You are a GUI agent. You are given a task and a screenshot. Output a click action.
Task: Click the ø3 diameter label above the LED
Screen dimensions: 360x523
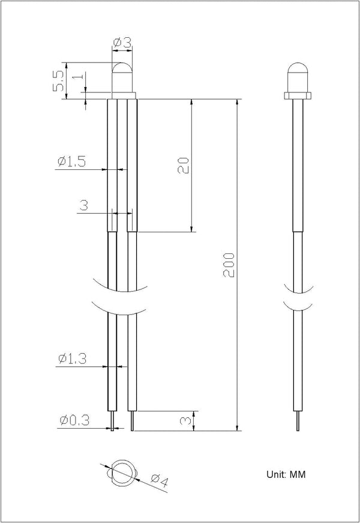pos(122,43)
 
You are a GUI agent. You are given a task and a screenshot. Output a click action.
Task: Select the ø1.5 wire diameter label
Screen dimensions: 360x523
pos(71,162)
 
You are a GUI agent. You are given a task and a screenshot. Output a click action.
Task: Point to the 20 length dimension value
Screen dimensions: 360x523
pos(184,165)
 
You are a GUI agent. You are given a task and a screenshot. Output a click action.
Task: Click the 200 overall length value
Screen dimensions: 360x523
pos(229,265)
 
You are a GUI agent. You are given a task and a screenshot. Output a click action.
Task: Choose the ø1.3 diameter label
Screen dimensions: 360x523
pos(73,359)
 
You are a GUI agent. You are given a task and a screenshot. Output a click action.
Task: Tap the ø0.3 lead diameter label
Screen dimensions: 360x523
pos(75,420)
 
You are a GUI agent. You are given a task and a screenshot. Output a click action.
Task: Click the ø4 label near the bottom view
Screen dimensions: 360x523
pos(160,480)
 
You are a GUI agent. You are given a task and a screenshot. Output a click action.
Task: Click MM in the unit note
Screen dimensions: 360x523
pos(298,474)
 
